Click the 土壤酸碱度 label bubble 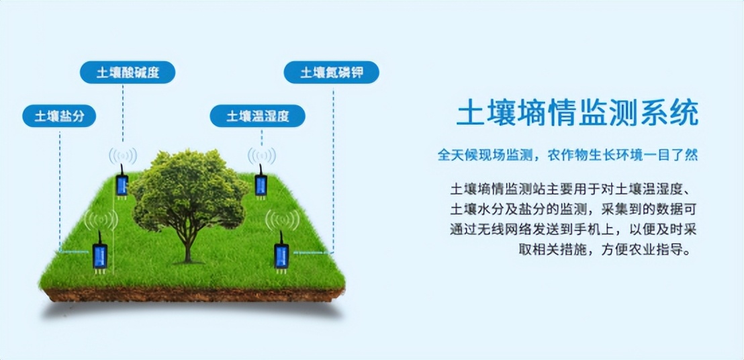click(x=128, y=73)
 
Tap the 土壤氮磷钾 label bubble click(x=331, y=73)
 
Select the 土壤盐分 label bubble click(x=59, y=116)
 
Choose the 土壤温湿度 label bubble click(x=257, y=116)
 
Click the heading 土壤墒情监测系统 click(x=577, y=114)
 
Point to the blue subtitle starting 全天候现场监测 click(x=567, y=154)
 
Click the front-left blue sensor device click(x=99, y=255)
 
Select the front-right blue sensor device click(x=281, y=255)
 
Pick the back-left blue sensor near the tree click(x=122, y=185)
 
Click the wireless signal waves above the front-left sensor click(x=100, y=219)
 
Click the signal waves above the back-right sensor click(x=261, y=156)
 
